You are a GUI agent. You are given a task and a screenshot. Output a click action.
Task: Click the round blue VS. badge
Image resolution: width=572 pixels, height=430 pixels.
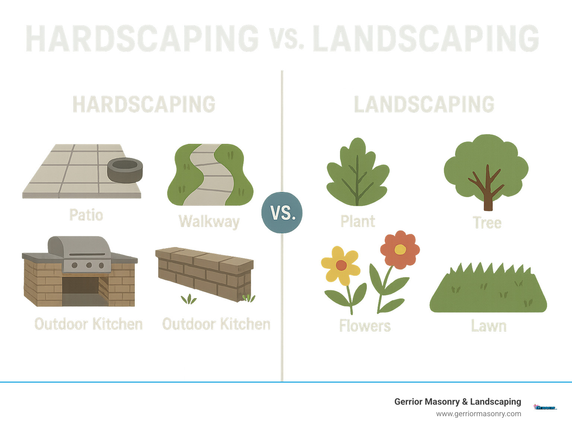pos(282,212)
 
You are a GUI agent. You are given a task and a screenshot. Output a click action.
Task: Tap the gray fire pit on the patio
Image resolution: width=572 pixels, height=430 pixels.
pos(125,170)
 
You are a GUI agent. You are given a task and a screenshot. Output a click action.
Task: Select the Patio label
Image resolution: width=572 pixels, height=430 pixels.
pos(86,215)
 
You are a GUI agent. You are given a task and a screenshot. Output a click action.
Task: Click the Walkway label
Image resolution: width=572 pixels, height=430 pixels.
pos(209,221)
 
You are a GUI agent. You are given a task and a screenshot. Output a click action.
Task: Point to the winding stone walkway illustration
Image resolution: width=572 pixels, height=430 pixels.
pos(210,175)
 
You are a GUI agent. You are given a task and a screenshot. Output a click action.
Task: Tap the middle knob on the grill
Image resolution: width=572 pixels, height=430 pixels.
pos(89,265)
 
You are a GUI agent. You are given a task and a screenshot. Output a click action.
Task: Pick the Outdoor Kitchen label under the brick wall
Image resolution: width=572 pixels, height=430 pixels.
pos(216,324)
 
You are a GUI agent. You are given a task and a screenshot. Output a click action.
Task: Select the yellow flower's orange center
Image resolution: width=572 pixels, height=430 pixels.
pos(341,265)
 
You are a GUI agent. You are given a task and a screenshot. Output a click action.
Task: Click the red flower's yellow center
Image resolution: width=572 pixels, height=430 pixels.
pos(400,249)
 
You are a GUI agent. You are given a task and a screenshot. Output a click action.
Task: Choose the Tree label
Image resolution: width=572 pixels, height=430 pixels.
pos(487,223)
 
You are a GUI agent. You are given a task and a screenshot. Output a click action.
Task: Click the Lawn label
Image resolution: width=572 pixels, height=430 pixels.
pos(489,326)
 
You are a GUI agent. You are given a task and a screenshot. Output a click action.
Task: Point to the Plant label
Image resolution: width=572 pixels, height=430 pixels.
pos(357,221)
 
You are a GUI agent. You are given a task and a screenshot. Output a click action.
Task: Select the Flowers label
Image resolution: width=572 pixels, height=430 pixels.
pos(365,326)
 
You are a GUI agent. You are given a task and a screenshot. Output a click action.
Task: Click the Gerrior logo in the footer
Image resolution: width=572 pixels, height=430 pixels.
pos(545,407)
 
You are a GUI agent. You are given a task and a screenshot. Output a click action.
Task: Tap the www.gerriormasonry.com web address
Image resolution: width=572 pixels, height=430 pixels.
pos(479,414)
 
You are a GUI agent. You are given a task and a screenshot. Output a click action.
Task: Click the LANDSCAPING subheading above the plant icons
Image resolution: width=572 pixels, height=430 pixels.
pos(424,104)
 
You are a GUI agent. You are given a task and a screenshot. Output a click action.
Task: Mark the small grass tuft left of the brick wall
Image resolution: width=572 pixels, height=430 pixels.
pos(189,299)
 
